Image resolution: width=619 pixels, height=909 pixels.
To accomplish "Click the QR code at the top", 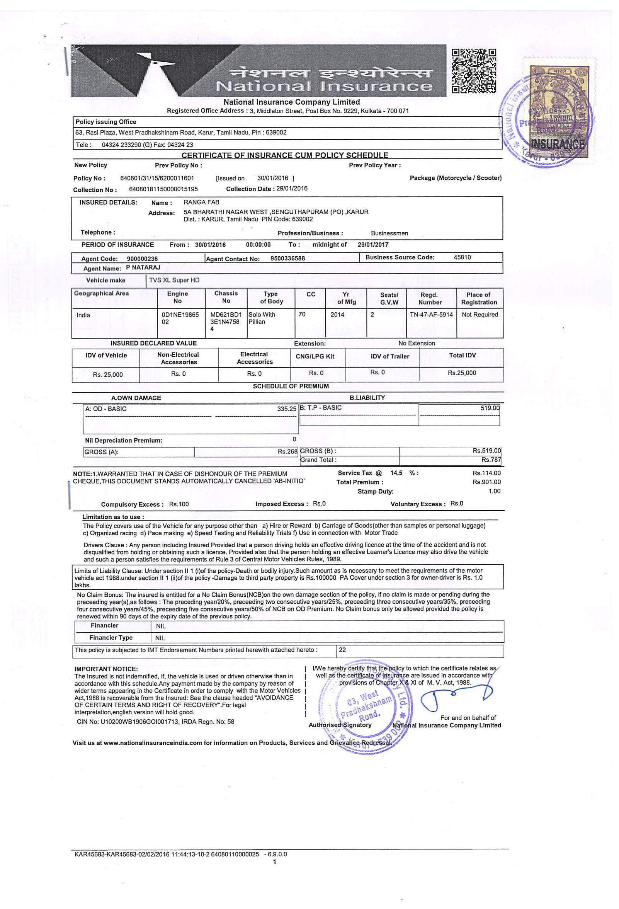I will tap(474, 71).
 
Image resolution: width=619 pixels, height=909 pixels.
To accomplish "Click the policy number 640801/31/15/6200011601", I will tap(157, 178).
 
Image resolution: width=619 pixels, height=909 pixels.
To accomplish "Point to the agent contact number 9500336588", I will tap(287, 258).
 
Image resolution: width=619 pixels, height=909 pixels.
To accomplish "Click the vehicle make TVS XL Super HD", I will tap(174, 280).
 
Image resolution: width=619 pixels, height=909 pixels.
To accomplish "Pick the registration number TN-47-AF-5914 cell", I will tap(431, 315).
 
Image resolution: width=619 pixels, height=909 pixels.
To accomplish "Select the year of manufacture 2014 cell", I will tap(337, 315).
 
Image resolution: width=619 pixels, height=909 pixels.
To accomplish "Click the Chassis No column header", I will tap(226, 297).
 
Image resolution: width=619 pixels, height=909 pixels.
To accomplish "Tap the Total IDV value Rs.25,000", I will tap(462, 373).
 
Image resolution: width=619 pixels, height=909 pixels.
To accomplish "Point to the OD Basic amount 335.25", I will tap(287, 409).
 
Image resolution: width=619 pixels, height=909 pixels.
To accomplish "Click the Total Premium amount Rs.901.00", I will tap(486, 482).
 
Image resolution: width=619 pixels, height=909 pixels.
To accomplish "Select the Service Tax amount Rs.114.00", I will tap(486, 473).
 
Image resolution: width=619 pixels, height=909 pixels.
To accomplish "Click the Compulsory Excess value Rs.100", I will tap(179, 504).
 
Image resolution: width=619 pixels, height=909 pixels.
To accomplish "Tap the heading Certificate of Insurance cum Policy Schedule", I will tap(285, 155).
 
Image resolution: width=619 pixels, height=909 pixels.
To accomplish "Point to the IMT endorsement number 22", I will tap(342, 650).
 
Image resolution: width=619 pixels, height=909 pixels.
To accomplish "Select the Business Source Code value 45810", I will tap(462, 257).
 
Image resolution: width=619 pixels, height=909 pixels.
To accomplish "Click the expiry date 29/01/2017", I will tap(373, 245).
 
